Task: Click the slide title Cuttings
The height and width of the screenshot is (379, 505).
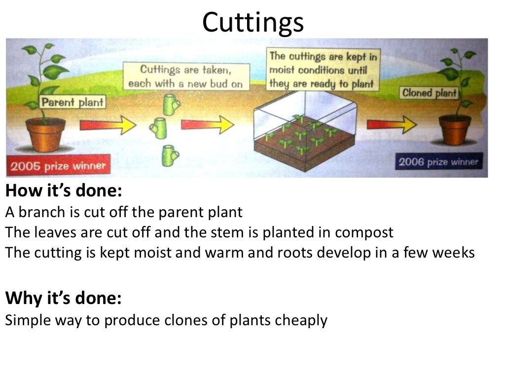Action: pos(253,22)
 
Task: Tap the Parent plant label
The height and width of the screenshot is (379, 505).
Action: pos(72,103)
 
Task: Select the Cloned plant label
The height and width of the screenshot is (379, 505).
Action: pos(430,93)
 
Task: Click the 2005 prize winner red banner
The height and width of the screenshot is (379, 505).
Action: pos(58,166)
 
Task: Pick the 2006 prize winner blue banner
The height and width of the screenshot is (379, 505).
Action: pos(438,162)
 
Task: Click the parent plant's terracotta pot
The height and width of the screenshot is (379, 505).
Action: pos(46,134)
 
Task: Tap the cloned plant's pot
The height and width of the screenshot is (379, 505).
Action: pos(454,129)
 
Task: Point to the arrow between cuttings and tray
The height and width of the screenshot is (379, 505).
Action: pos(207,124)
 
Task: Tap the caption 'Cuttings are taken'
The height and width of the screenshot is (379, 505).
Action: pos(185,76)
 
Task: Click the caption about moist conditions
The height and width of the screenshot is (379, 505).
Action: pos(323,70)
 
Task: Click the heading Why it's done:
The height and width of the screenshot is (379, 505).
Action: pos(63,299)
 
